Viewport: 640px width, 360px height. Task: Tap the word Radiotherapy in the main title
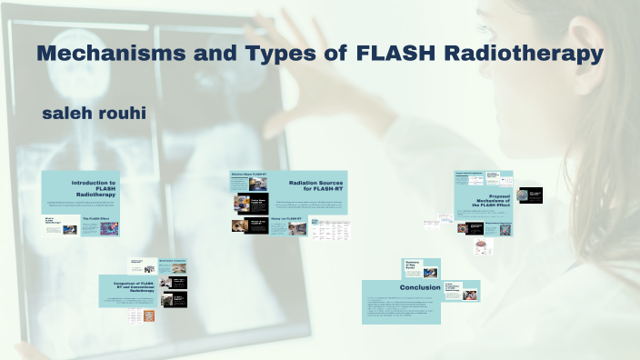tap(525, 54)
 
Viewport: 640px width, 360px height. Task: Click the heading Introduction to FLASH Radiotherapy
tap(96, 188)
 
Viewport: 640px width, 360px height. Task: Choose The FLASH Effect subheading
tap(96, 219)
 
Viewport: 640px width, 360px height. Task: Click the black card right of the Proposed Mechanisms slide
tap(529, 195)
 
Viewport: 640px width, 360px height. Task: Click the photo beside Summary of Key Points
tap(430, 271)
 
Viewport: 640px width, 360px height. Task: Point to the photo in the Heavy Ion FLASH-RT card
tap(295, 229)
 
